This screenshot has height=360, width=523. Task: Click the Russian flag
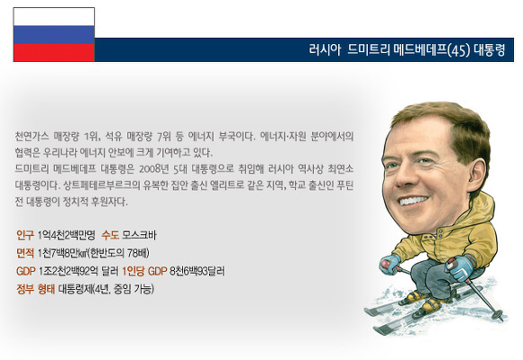(54, 35)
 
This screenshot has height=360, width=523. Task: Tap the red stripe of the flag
(54, 53)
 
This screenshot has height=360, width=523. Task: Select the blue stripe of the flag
(54, 35)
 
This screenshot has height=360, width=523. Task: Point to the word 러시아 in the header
(325, 50)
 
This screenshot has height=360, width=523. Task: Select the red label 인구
(25, 235)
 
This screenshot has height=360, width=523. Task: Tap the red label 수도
(110, 235)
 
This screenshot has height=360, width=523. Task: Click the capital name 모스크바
(139, 235)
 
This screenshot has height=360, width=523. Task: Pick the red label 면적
(25, 253)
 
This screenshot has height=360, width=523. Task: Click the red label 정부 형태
(35, 288)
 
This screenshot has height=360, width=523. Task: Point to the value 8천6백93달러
(197, 271)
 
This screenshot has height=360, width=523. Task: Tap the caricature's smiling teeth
(414, 200)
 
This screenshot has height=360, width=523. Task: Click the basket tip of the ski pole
(500, 314)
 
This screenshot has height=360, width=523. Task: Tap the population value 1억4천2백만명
(66, 235)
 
